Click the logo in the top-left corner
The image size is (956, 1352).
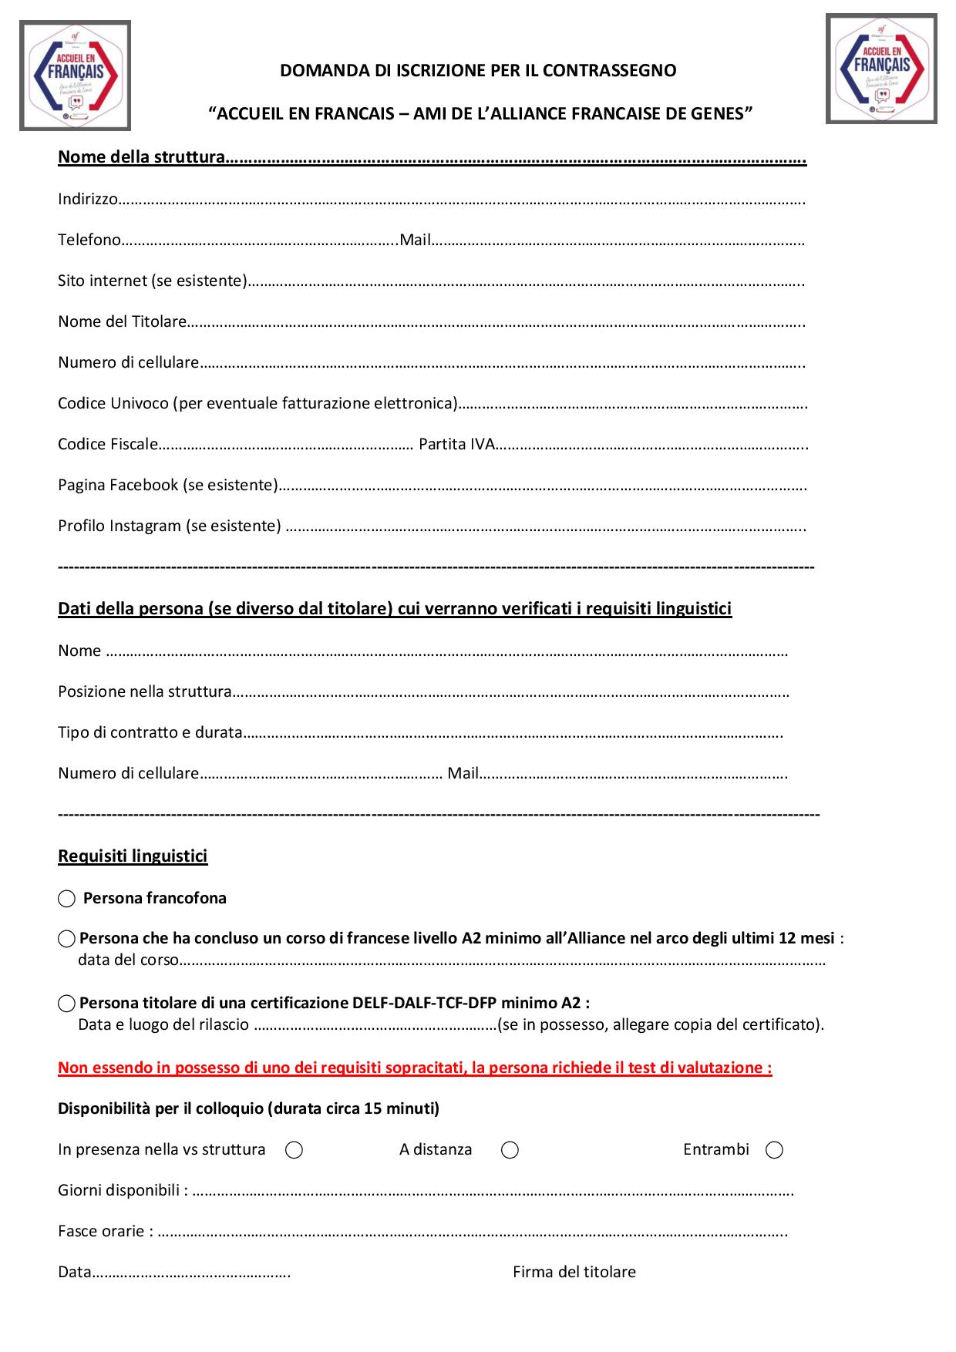click(75, 76)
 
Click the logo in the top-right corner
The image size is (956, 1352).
click(881, 69)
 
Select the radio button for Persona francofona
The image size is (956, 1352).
click(67, 899)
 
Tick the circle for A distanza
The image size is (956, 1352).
click(510, 1150)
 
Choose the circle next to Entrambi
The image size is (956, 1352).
click(774, 1150)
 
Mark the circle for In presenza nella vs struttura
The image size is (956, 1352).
click(294, 1150)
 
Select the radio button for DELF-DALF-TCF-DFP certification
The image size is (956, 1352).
click(67, 1004)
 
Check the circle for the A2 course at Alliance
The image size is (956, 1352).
click(67, 939)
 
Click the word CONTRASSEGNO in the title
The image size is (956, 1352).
click(610, 71)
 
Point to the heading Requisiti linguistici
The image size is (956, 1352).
click(133, 856)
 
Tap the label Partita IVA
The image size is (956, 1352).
click(456, 445)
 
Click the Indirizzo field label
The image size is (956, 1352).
click(88, 199)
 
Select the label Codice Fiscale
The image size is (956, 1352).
click(108, 445)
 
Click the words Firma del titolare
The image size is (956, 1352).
click(574, 1273)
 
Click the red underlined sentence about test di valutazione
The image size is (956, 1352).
click(415, 1068)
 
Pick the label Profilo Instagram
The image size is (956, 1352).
click(169, 526)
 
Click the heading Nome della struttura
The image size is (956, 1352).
click(141, 158)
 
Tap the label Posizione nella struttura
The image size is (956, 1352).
click(145, 692)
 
